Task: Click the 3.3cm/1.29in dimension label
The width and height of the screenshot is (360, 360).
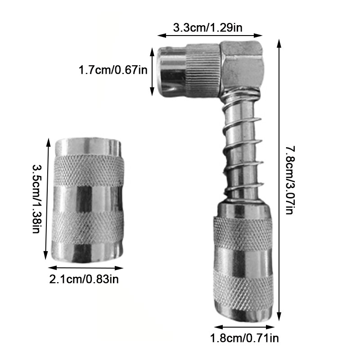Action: click(207, 28)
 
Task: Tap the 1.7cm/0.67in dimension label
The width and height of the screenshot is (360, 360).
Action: click(113, 70)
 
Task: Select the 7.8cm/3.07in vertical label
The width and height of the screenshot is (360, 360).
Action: click(290, 180)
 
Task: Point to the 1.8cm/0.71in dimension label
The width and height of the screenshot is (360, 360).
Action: click(244, 338)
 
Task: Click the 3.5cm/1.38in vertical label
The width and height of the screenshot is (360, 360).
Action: click(36, 198)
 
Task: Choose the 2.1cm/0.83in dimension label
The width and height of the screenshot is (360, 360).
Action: click(84, 279)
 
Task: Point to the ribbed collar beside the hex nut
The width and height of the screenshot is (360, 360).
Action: click(203, 70)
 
